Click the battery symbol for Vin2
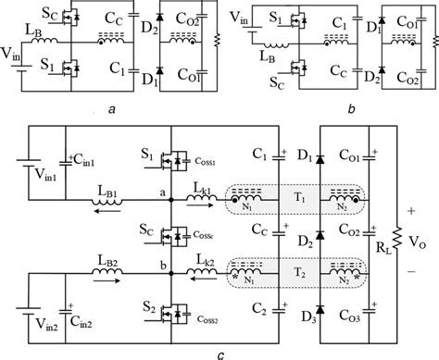pyautogui.click(x=31, y=304)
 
